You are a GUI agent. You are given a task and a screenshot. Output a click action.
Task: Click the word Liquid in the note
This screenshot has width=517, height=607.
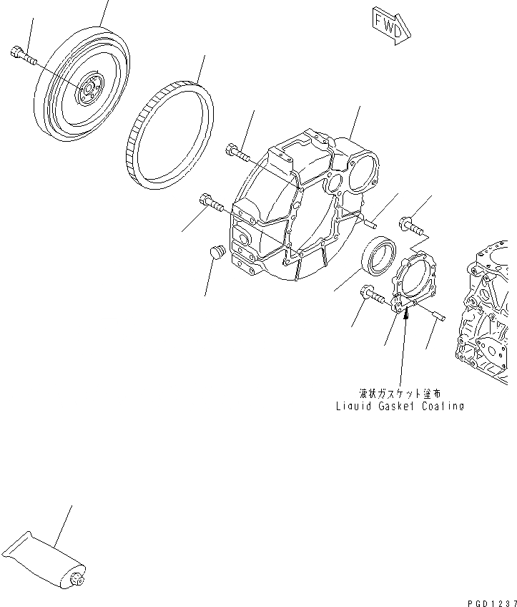353,406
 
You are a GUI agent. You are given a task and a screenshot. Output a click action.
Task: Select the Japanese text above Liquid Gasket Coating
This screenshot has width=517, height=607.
400,393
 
